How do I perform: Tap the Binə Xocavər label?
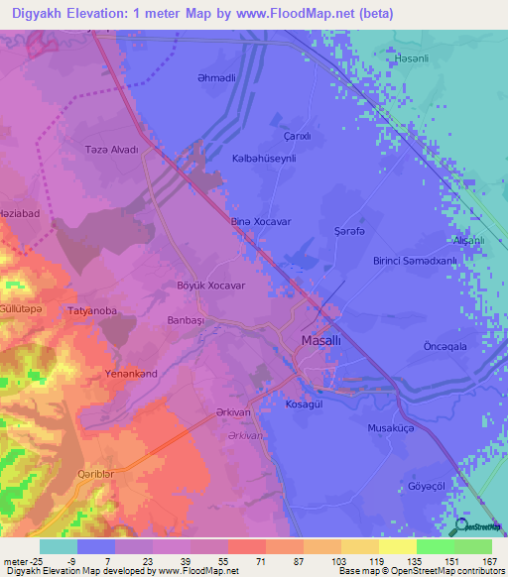pos(260,222)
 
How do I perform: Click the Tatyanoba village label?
pos(92,311)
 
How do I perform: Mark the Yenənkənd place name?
pos(131,374)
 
